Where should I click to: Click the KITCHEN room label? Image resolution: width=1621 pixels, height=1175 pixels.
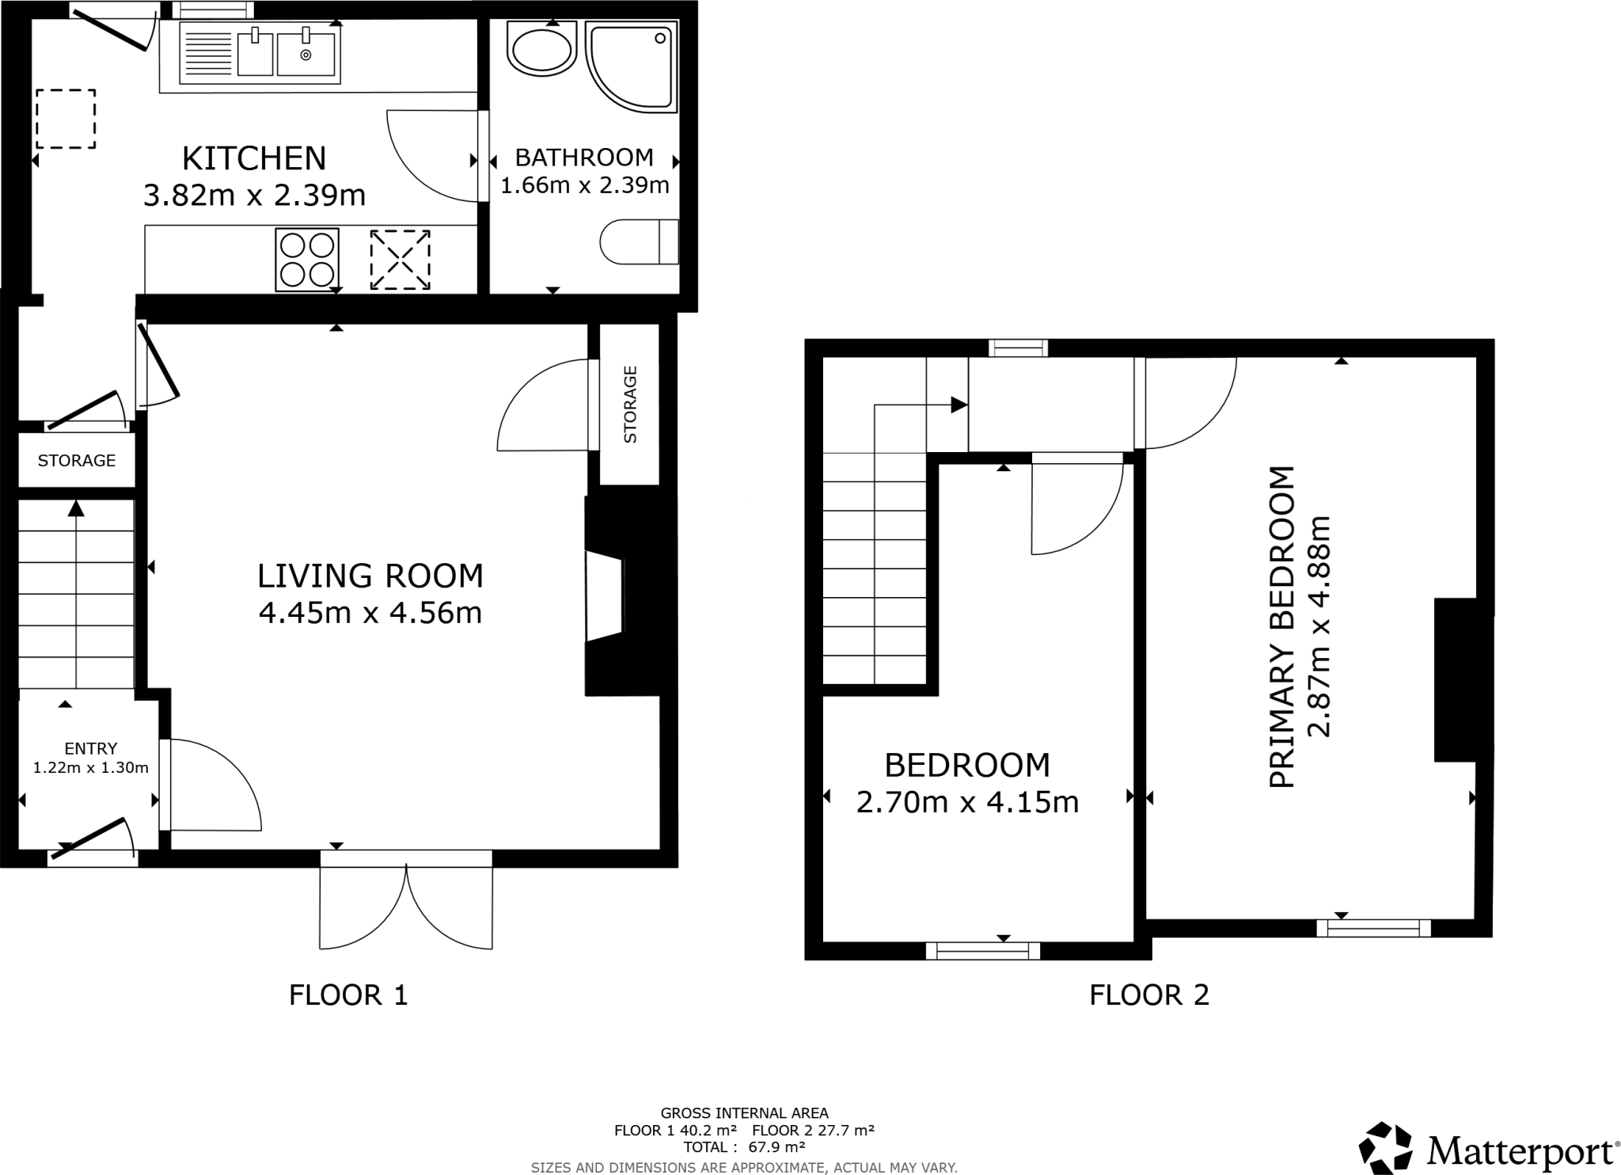(254, 158)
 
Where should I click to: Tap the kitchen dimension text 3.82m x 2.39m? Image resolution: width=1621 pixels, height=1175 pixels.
(254, 195)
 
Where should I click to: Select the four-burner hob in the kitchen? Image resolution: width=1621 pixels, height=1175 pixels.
(307, 259)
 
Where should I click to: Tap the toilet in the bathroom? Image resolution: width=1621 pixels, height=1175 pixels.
(638, 241)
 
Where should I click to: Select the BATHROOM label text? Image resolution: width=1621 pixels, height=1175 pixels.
(584, 158)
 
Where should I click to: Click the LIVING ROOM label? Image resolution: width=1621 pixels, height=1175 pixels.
(370, 576)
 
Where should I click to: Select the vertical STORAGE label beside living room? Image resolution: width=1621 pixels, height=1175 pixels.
(630, 404)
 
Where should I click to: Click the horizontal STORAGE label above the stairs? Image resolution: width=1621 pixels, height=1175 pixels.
(77, 461)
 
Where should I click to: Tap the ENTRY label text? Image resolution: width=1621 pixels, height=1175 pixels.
(91, 748)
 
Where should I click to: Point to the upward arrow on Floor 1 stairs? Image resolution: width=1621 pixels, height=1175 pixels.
(76, 510)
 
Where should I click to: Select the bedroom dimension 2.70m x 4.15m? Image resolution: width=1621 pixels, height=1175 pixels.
(967, 803)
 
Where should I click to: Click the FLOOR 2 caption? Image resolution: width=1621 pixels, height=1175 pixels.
(1149, 994)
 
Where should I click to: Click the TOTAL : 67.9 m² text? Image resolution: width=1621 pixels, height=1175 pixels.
(744, 1146)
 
